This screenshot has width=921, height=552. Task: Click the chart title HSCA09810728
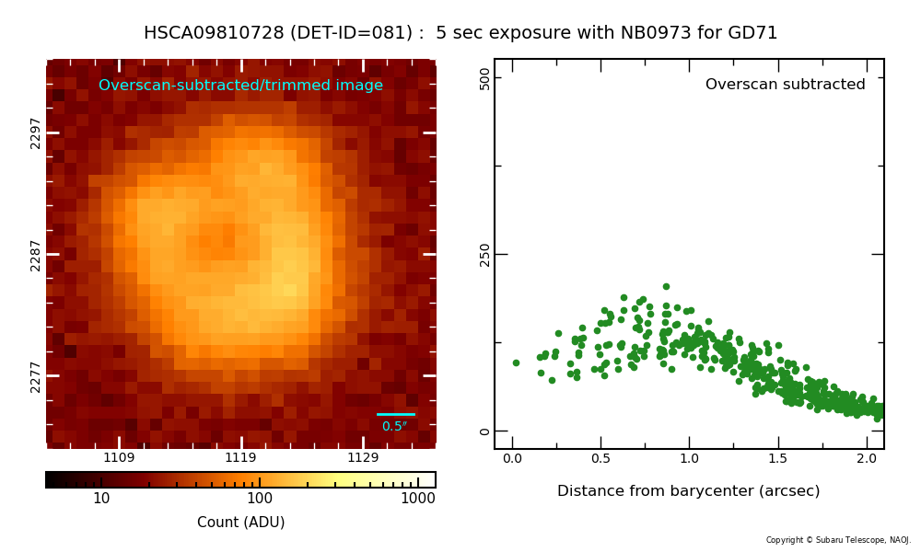click(214, 32)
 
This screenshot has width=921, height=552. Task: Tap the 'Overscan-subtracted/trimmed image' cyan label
click(240, 85)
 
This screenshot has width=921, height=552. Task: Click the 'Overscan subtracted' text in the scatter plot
click(786, 84)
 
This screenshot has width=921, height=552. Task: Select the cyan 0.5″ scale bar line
click(396, 414)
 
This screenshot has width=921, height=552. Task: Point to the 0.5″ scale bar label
click(395, 427)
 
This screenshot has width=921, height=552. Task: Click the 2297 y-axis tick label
click(35, 133)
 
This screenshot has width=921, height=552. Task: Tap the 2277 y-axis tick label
click(35, 377)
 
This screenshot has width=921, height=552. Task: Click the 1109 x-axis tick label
click(119, 457)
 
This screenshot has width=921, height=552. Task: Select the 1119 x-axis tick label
click(240, 457)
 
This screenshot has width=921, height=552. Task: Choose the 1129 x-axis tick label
click(363, 457)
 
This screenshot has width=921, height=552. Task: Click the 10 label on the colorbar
click(101, 499)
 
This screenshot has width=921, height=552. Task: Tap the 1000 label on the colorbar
click(418, 499)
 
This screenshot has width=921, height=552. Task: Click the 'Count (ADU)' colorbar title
click(240, 522)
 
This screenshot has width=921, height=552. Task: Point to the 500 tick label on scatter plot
click(484, 78)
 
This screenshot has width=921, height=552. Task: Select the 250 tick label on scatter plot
click(484, 255)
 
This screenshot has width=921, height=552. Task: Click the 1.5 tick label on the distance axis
click(777, 459)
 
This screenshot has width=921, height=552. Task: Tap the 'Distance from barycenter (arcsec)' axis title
click(688, 491)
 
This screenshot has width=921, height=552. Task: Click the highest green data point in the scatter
click(666, 287)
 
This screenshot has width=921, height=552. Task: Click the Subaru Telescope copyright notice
click(838, 540)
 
